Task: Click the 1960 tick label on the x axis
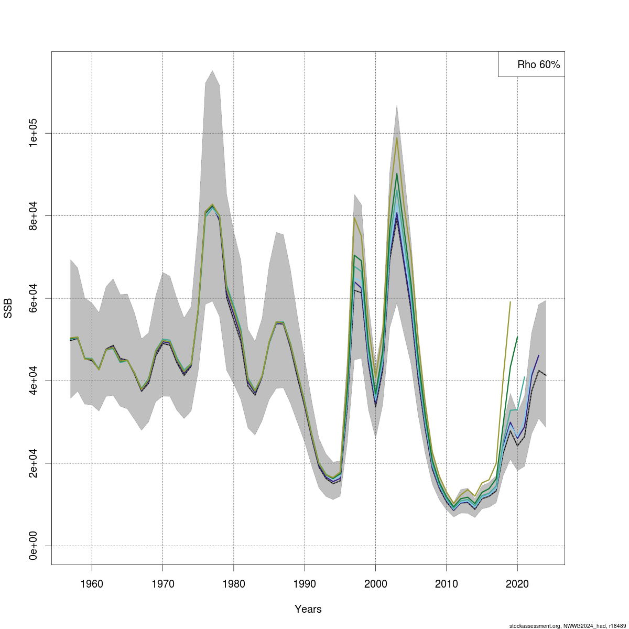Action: pos(92,584)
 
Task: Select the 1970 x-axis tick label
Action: pos(162,584)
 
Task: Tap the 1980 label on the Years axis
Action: pos(234,584)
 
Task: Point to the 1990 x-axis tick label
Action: pos(305,584)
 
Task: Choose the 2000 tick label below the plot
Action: pos(375,584)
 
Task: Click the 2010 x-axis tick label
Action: pos(447,584)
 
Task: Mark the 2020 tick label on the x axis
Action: pos(517,584)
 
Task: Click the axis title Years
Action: pos(308,609)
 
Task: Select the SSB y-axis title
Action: pos(8,308)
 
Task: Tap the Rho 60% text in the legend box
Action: pos(538,65)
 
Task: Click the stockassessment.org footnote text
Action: pos(568,625)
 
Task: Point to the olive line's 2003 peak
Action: pos(397,138)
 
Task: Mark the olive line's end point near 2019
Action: pos(510,302)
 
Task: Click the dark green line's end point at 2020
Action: pos(517,337)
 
